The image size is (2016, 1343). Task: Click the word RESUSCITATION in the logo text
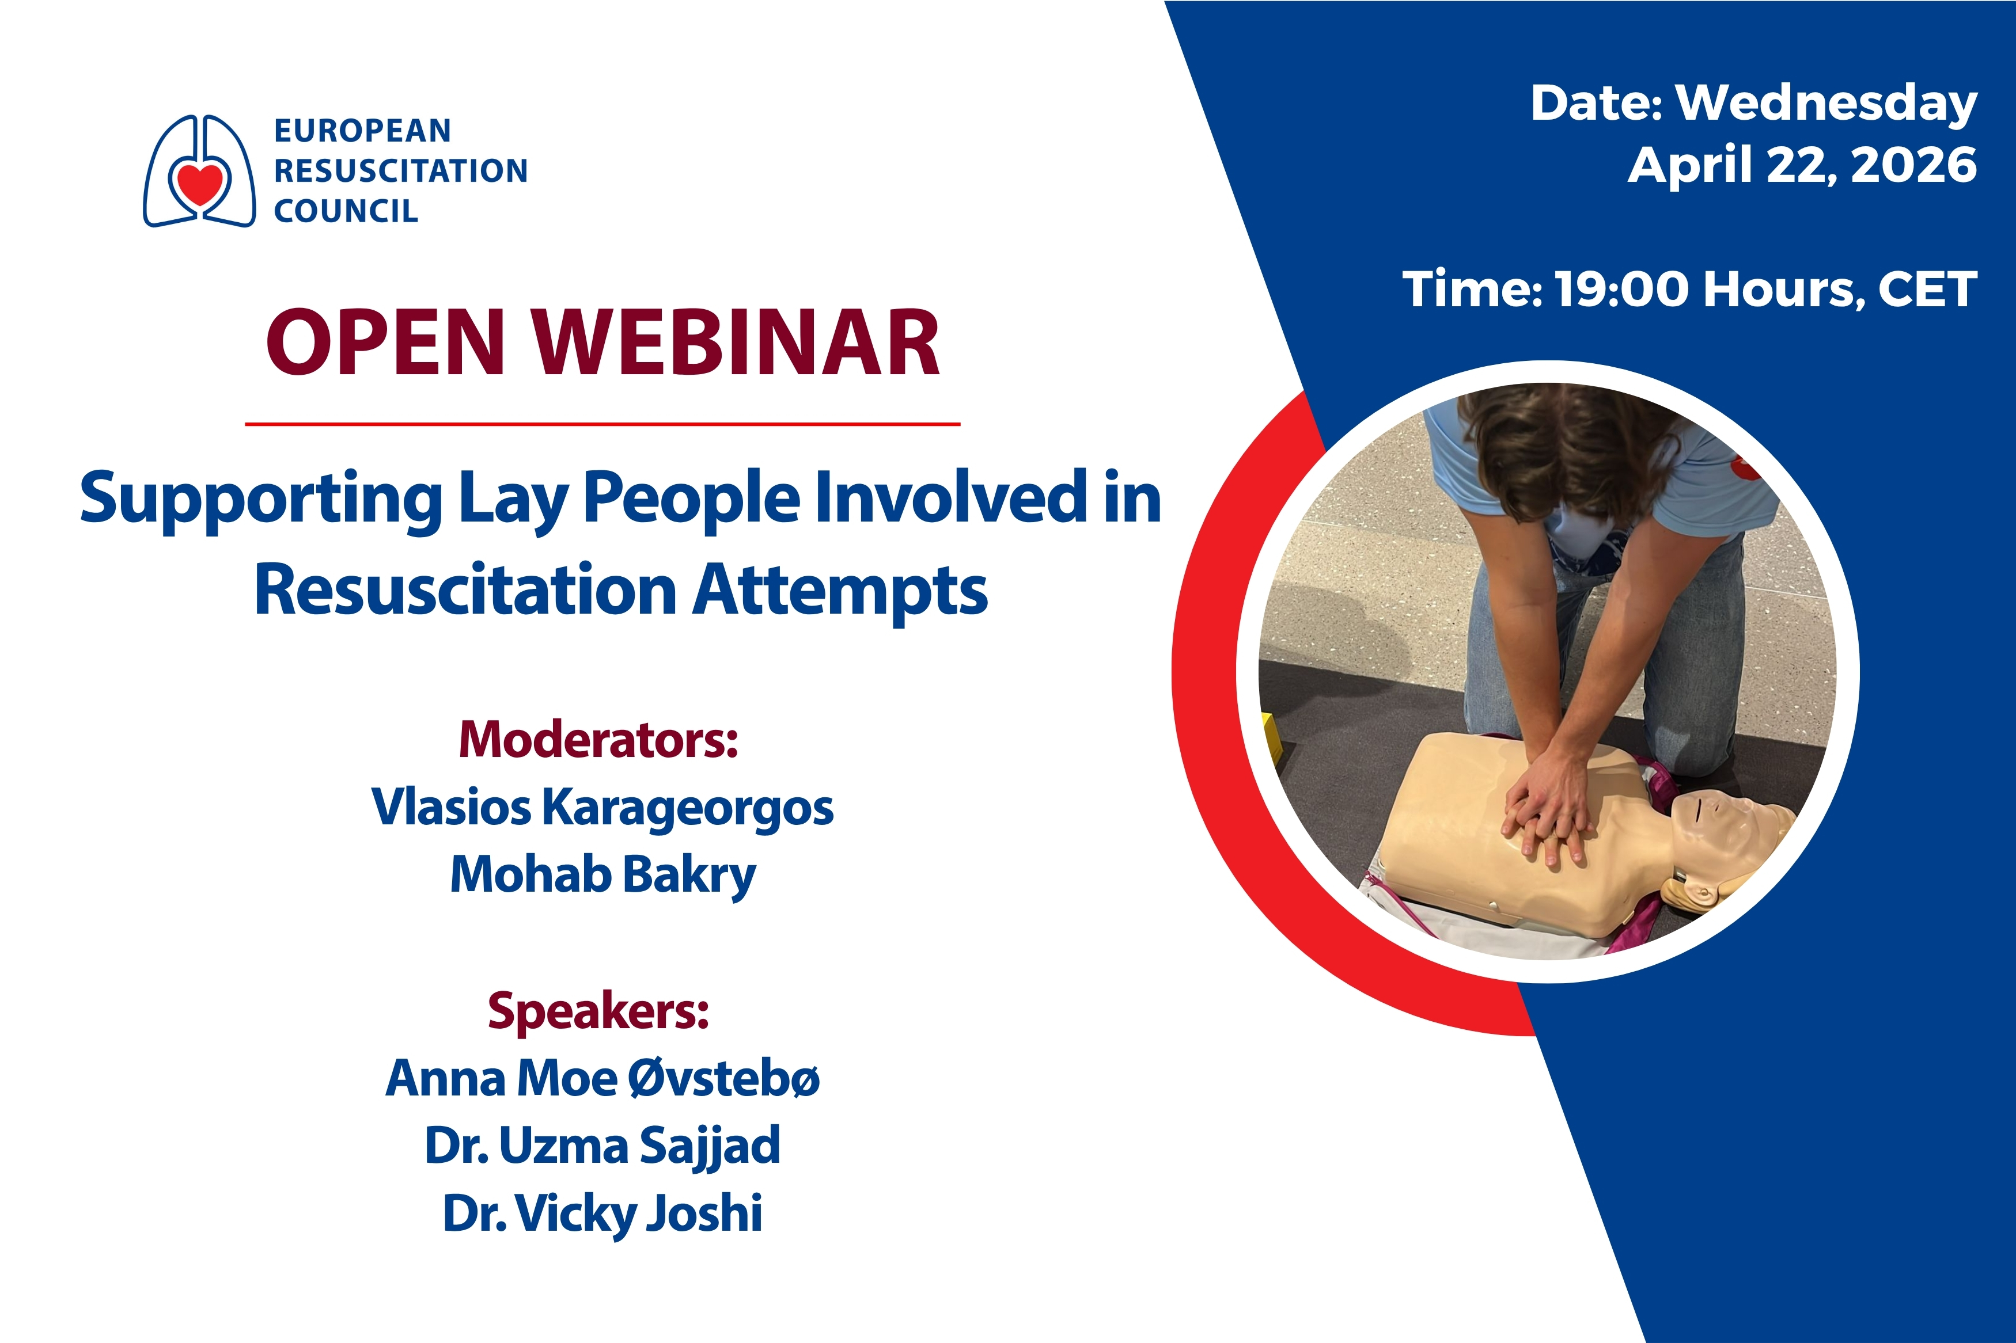[x=400, y=170]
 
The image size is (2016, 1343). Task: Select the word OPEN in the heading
[x=385, y=344]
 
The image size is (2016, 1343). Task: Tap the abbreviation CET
[x=1927, y=290]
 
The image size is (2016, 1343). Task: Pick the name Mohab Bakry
[x=603, y=876]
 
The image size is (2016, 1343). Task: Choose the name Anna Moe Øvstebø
[x=602, y=1078]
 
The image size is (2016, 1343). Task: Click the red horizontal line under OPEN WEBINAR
[x=602, y=423]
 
